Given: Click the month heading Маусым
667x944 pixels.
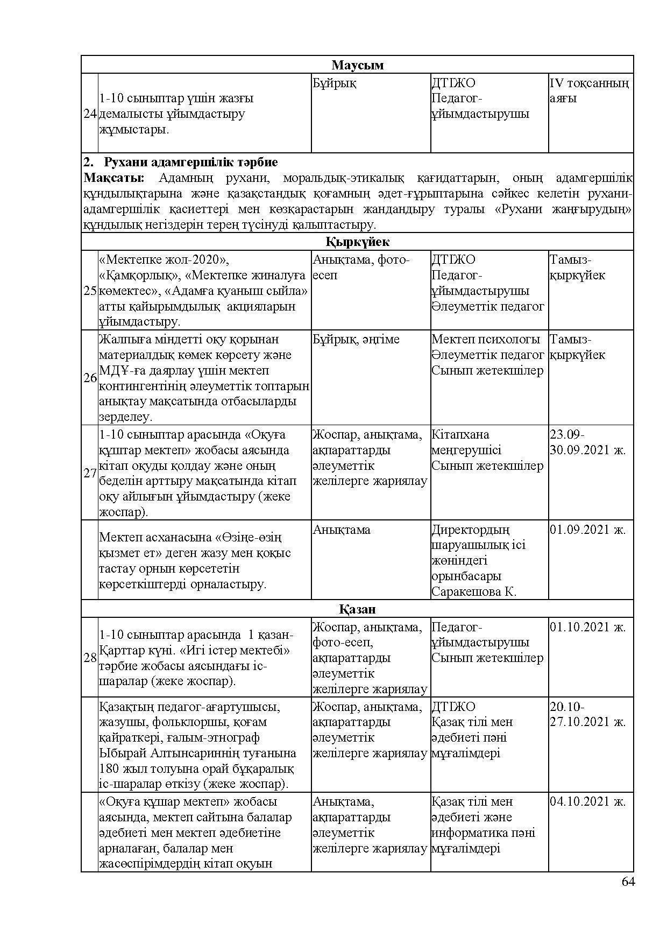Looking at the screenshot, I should click(357, 65).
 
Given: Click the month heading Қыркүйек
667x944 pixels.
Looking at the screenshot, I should click(357, 242).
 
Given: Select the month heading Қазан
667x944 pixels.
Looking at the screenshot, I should click(357, 609).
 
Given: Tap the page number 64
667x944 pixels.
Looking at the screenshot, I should click(628, 882).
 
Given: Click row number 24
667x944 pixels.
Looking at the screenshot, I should click(90, 114).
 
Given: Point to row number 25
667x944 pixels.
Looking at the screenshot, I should click(90, 291).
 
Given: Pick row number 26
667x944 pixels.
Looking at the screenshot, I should click(90, 378).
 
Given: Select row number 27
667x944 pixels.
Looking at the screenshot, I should click(90, 473).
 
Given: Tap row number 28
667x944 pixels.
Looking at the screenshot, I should click(90, 658).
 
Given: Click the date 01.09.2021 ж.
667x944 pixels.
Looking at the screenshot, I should click(587, 530).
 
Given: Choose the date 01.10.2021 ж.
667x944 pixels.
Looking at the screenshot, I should click(587, 627).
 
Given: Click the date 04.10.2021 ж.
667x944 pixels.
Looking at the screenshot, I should click(587, 801).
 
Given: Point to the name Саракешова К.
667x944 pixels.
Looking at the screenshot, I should click(473, 592).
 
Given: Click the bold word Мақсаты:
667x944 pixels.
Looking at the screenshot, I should click(113, 178).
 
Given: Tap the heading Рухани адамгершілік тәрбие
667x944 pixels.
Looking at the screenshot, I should click(190, 163).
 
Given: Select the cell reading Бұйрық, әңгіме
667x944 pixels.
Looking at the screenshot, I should click(356, 340).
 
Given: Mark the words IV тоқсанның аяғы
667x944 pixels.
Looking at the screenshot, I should click(589, 91).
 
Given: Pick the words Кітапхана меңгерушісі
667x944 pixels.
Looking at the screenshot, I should click(466, 442).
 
